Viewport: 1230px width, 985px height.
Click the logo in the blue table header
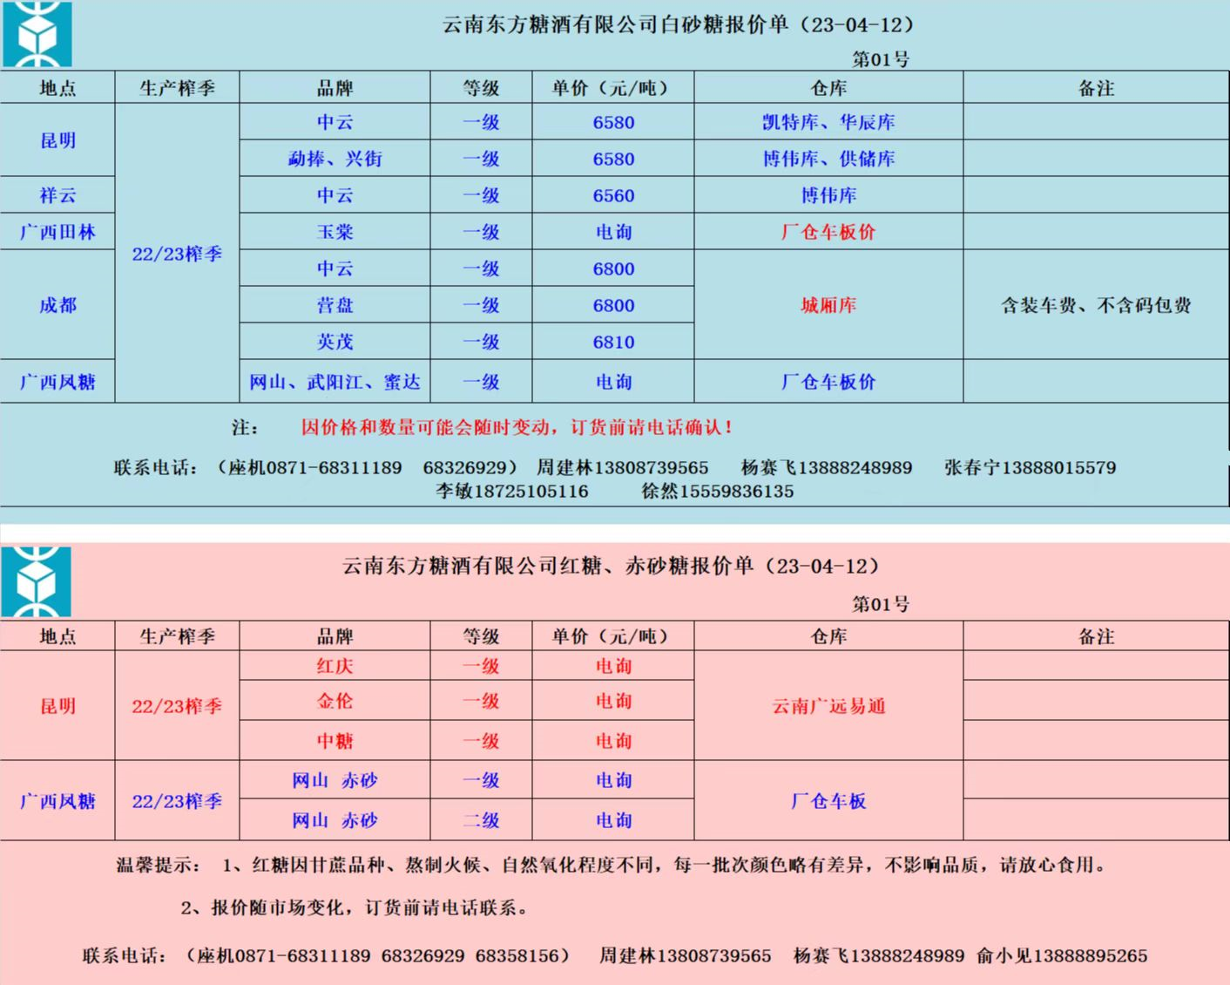click(x=37, y=35)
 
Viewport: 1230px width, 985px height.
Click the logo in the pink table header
click(x=37, y=581)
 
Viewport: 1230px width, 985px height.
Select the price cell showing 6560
click(x=613, y=196)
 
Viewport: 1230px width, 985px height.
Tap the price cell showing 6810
click(x=613, y=343)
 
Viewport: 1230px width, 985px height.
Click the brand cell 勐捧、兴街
click(x=335, y=160)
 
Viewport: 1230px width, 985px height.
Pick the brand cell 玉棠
click(x=335, y=233)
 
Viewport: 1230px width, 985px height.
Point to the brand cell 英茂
click(x=335, y=343)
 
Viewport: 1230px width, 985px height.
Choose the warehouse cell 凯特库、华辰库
click(x=828, y=123)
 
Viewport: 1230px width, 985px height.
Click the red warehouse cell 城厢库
click(x=828, y=305)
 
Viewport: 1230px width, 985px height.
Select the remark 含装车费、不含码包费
click(x=1095, y=305)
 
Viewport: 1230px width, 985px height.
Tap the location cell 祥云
click(x=57, y=196)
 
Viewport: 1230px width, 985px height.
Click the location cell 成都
click(x=57, y=305)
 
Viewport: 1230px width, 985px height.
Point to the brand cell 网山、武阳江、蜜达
click(x=335, y=382)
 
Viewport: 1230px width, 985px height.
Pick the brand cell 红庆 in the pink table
click(x=335, y=667)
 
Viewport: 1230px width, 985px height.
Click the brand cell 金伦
click(x=335, y=702)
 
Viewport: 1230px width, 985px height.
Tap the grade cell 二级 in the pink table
click(x=481, y=820)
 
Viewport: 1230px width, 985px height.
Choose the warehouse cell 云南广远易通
click(x=828, y=706)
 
